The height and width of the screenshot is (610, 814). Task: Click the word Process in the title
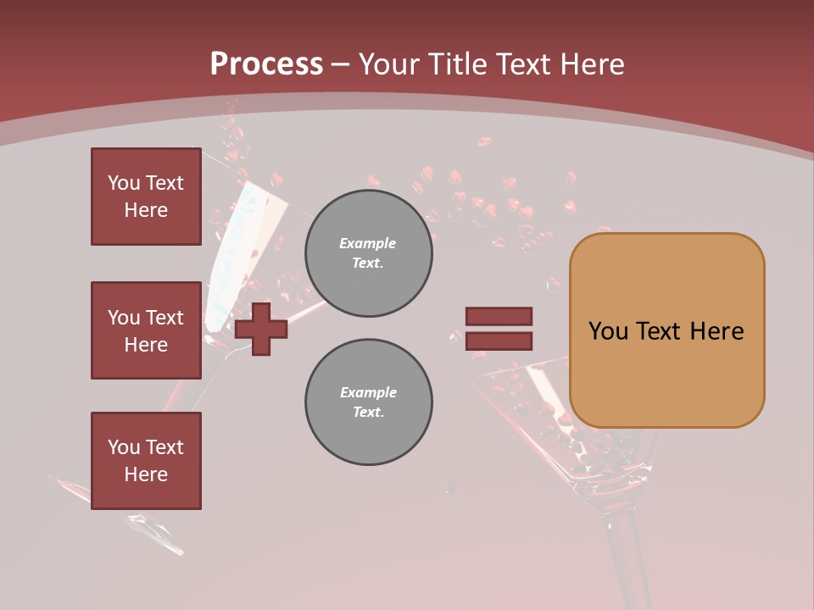click(x=266, y=64)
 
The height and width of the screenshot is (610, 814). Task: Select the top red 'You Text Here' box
click(x=146, y=197)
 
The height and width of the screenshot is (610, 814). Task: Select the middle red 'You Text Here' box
click(x=146, y=330)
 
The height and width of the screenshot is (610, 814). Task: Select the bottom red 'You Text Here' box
click(x=146, y=461)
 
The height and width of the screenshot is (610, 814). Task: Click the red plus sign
click(x=260, y=329)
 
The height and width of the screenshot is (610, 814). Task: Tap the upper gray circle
click(x=368, y=252)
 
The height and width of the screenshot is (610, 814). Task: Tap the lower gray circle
click(x=368, y=402)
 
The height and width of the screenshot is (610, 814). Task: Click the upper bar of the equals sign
click(x=499, y=316)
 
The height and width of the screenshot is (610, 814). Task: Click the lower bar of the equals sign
click(x=499, y=341)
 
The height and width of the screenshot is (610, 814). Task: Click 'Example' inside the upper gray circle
click(x=368, y=243)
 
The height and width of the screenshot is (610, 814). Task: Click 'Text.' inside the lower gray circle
click(x=368, y=412)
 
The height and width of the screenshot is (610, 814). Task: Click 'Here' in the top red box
click(x=146, y=210)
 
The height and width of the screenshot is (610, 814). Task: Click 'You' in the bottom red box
click(x=124, y=447)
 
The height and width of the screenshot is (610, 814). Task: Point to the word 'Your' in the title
click(x=391, y=64)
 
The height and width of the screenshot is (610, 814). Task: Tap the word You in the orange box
click(x=607, y=330)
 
